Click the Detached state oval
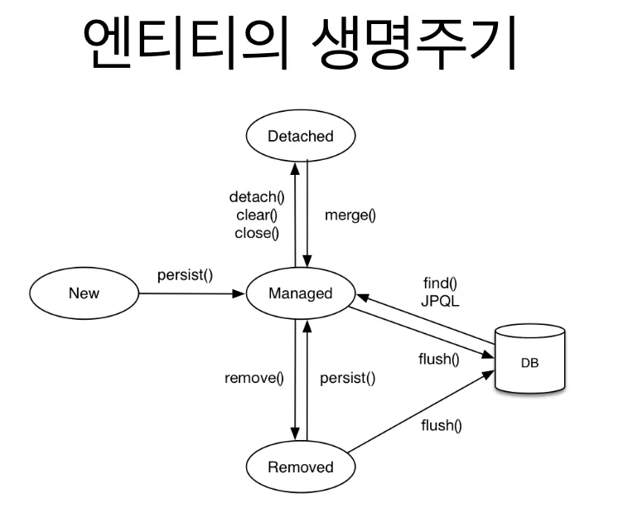point(301,137)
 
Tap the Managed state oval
point(301,293)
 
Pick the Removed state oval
point(301,467)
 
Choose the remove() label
point(254,379)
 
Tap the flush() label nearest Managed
point(438,359)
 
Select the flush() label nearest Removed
point(440,427)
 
